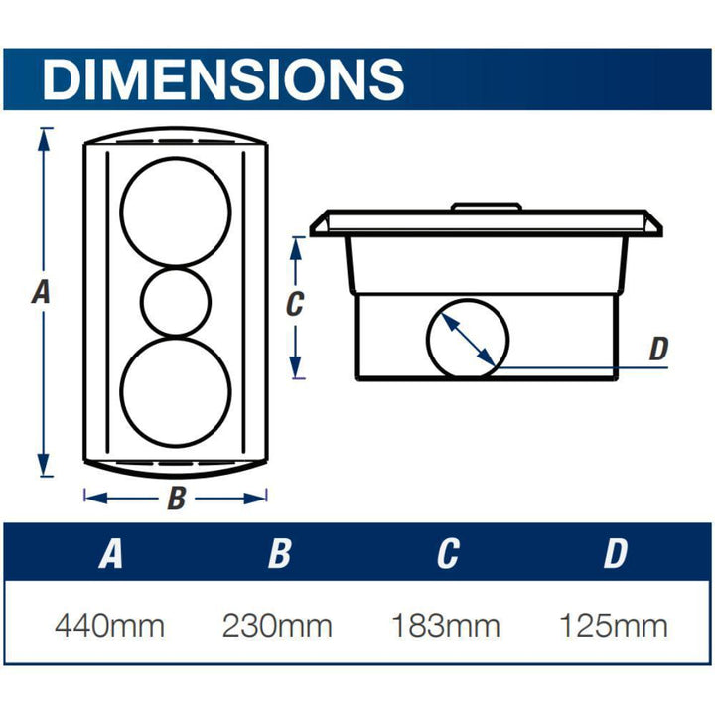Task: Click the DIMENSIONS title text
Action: click(x=223, y=77)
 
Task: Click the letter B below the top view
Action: click(x=176, y=499)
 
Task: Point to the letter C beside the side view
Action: click(x=293, y=305)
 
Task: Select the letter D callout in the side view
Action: click(x=658, y=349)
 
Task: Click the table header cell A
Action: click(x=110, y=554)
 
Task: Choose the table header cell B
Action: click(x=279, y=554)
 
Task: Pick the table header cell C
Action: click(x=447, y=554)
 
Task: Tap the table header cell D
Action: click(x=615, y=554)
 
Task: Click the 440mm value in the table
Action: click(x=109, y=627)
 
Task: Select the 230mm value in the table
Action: click(x=277, y=627)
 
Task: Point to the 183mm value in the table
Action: click(x=445, y=627)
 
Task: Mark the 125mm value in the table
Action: click(x=613, y=627)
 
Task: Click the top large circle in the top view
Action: click(x=176, y=212)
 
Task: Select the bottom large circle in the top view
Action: click(x=176, y=393)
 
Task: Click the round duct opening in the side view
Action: click(x=467, y=339)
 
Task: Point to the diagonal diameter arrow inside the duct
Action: click(x=469, y=340)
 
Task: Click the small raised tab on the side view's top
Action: click(x=487, y=208)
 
